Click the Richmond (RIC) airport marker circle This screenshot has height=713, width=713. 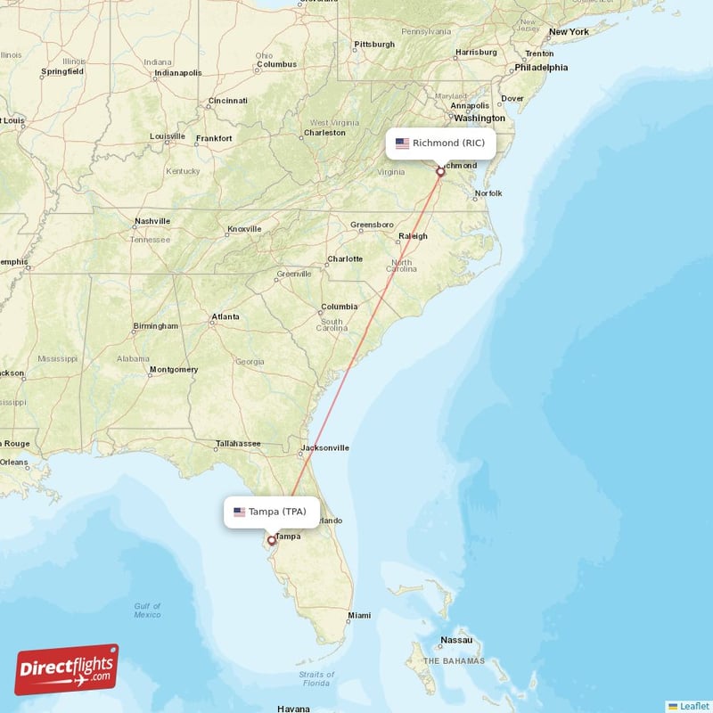point(440,172)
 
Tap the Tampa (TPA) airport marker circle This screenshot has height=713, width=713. point(272,540)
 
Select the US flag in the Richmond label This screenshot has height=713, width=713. point(402,143)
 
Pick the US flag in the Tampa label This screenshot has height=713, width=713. point(239,512)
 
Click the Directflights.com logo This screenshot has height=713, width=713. point(67,669)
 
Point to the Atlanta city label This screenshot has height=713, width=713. point(225,317)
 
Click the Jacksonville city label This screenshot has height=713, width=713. point(325,447)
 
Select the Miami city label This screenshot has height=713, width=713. point(359,615)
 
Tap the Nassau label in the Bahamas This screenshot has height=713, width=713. point(456,640)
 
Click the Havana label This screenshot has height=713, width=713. point(293,709)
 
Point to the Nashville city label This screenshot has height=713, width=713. point(152,221)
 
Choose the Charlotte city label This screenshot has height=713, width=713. point(345,259)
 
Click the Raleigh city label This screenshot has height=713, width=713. point(413,236)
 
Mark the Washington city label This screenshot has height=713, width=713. point(479,118)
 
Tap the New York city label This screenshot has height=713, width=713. point(569,32)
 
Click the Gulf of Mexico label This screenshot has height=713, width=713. point(148,610)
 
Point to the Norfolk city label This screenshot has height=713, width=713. point(488,193)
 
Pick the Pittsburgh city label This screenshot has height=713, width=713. point(373,44)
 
